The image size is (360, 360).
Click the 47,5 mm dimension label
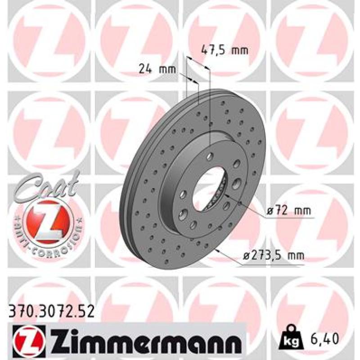coord(225,50)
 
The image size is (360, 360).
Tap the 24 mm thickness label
coord(157,68)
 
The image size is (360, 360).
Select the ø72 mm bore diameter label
coord(288,211)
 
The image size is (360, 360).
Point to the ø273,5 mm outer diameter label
coord(274,255)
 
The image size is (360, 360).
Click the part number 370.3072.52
coord(51,311)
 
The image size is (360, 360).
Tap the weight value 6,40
coord(324,338)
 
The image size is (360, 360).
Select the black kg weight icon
coord(291,337)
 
